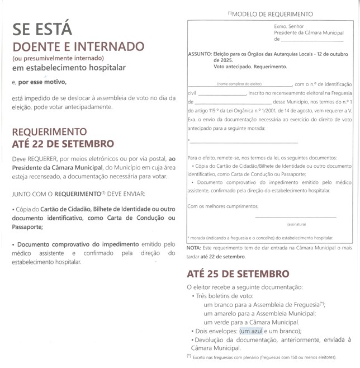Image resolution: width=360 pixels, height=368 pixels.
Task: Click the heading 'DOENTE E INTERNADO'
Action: point(78,46)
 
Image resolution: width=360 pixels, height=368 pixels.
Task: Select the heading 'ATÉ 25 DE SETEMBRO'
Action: point(238,274)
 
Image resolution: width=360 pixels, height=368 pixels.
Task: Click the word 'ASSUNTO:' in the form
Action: point(200,54)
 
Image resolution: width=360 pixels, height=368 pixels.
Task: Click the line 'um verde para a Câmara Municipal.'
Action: point(252,322)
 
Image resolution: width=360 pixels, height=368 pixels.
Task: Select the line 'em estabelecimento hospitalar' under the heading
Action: point(69,68)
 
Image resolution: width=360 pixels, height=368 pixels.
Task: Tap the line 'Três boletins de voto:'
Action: point(225,296)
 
